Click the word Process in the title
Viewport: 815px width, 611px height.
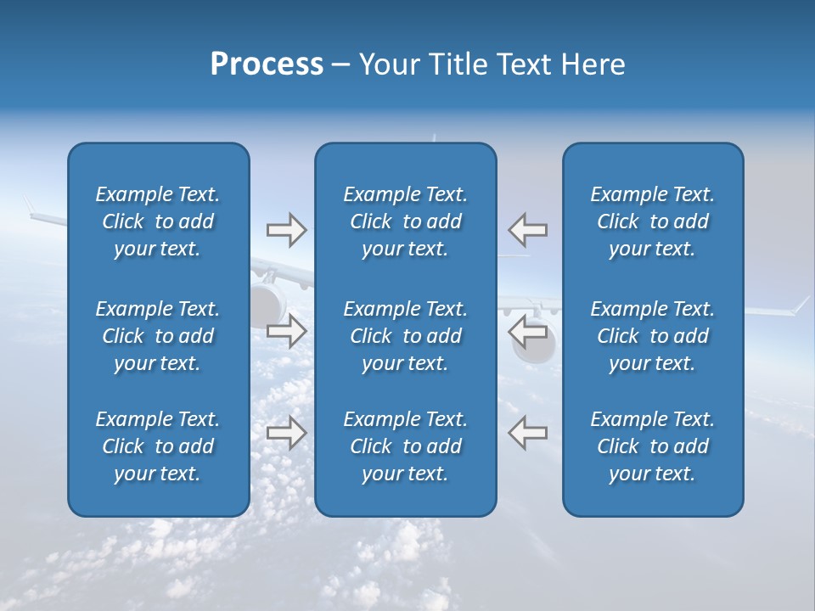coord(267,64)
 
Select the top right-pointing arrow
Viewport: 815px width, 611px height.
coord(286,230)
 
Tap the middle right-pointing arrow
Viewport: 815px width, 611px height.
coord(286,331)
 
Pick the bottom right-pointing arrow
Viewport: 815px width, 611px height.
coord(286,433)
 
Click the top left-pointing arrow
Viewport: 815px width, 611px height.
coord(528,230)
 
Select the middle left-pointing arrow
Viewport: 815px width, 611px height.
coord(528,331)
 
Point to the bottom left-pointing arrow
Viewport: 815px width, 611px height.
coord(528,433)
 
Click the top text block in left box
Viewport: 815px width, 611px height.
coord(158,221)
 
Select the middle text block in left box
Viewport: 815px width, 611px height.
coord(158,336)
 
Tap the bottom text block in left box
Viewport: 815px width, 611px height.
coord(158,446)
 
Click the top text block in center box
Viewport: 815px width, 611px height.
coord(405,221)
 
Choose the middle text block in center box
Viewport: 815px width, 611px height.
coord(405,336)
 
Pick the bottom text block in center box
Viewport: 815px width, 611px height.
coord(405,446)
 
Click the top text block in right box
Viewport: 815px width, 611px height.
coord(652,221)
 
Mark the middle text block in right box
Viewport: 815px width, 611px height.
coord(652,336)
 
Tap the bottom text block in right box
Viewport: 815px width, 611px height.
coord(652,446)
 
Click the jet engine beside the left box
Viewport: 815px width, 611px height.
coord(266,301)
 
